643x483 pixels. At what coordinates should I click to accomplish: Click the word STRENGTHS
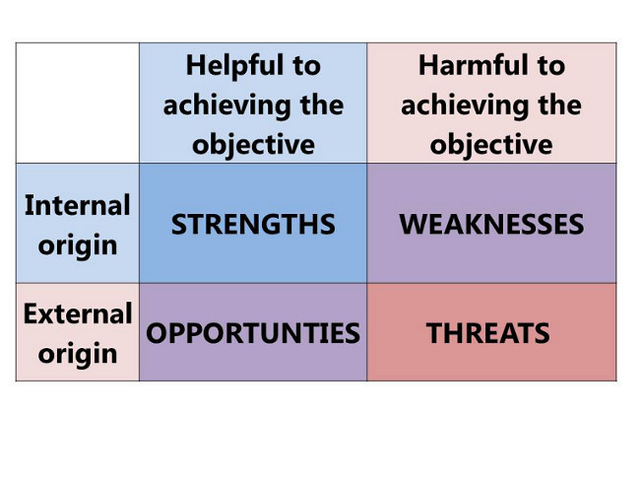tap(253, 225)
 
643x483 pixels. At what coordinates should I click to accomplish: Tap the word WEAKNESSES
tap(491, 225)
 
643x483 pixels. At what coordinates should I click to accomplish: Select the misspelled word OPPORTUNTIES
tap(253, 333)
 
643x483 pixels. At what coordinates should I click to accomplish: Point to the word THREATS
tap(488, 333)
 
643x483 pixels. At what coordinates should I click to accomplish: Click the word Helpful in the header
tap(234, 67)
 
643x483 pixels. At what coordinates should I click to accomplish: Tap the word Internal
tap(78, 205)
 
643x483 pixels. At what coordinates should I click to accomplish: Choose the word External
tap(78, 313)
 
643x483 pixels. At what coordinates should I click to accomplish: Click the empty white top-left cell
tap(78, 103)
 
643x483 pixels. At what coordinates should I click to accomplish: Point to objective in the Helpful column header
tap(253, 146)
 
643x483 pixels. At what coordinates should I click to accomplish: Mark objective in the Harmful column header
tap(491, 146)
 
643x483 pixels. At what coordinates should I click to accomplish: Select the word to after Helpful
tap(306, 67)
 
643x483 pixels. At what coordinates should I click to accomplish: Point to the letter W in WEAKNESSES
tap(414, 225)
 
